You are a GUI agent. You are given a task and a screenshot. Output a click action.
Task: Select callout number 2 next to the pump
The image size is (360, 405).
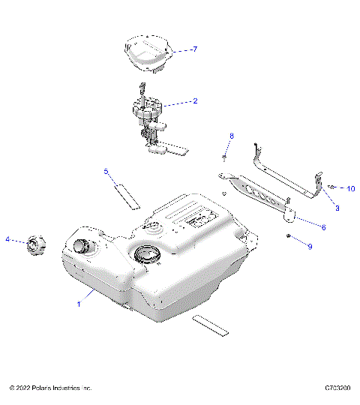pos(195,100)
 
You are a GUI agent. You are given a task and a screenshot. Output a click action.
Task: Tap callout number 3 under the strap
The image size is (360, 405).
pos(337,207)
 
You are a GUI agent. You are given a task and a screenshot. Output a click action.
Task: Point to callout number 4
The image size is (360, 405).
pos(8,239)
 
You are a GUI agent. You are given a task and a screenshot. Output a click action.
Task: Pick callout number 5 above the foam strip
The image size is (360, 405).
pos(106,172)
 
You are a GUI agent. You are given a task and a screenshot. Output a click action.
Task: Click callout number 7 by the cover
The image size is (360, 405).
pos(194,49)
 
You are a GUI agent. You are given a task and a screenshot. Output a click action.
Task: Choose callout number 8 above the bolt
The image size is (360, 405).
pos(232,136)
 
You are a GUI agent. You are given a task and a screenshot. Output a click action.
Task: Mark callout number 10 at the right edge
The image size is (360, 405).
pos(350,188)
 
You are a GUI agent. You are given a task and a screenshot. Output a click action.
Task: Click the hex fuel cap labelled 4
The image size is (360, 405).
pos(35,244)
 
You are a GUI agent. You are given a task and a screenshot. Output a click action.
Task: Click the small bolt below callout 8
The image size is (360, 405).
pos(225,157)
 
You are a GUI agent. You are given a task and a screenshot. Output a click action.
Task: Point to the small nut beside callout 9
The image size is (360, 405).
pos(288,236)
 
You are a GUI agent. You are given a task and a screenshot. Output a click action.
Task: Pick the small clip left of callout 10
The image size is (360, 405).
pos(331,187)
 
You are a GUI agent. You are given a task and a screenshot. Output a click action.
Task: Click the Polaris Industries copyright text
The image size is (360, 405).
pos(50,388)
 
